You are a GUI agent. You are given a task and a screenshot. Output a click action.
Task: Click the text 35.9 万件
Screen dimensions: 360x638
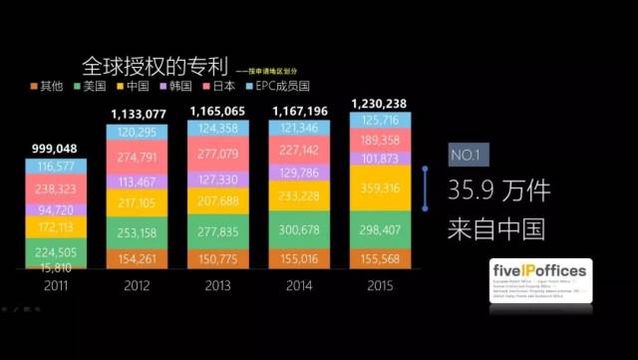(497, 188)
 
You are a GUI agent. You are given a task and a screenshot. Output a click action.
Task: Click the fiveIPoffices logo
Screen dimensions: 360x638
(541, 283)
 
